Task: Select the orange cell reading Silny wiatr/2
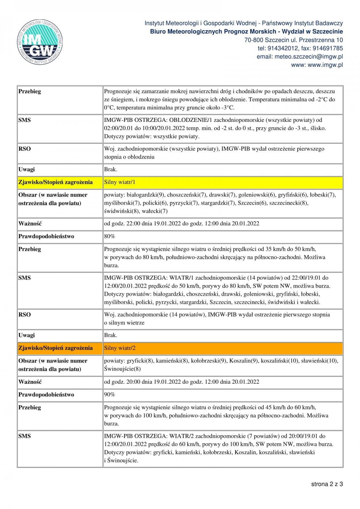coord(120,348)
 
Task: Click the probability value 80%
coord(109,236)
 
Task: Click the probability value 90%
coord(109,394)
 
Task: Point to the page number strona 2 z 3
coord(327,484)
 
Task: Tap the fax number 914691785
coord(328,48)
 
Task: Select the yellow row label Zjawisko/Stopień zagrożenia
coord(55,182)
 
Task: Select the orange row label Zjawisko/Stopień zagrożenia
coord(55,348)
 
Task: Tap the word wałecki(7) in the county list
coord(156,211)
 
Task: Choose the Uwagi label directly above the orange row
coord(27,335)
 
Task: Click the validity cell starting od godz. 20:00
coord(181,382)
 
